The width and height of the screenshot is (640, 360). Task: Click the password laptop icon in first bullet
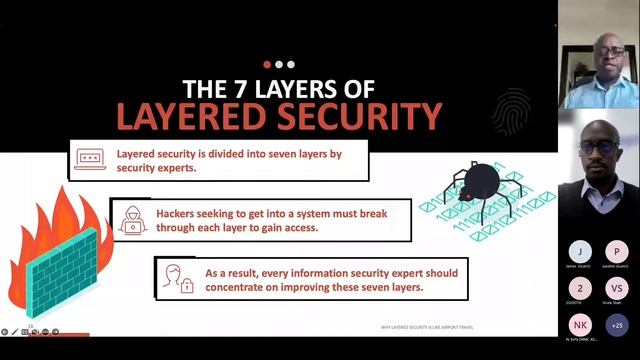pyautogui.click(x=90, y=157)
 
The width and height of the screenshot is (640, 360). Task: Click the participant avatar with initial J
pyautogui.click(x=579, y=251)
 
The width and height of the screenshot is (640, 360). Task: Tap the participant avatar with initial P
pyautogui.click(x=617, y=251)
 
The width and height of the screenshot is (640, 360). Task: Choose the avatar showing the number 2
pyautogui.click(x=579, y=287)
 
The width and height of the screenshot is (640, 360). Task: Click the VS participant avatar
pyautogui.click(x=617, y=287)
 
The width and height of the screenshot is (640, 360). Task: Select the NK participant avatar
pyautogui.click(x=579, y=324)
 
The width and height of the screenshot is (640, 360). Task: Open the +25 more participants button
pyautogui.click(x=617, y=324)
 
